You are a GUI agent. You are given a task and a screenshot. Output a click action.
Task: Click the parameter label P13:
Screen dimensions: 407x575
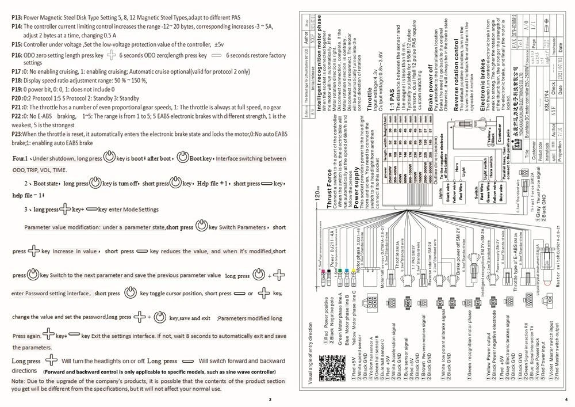click(17, 17)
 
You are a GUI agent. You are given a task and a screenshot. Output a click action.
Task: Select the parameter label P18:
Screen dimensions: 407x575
click(17, 81)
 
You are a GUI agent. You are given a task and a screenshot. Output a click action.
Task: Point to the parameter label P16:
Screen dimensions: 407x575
click(17, 55)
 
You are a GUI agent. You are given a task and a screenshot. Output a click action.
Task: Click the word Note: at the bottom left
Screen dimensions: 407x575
click(18, 381)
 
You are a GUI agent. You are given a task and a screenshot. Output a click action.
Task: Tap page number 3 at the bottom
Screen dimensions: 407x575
click(270, 399)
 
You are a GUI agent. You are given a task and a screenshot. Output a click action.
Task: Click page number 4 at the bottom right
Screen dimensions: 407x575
click(566, 399)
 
